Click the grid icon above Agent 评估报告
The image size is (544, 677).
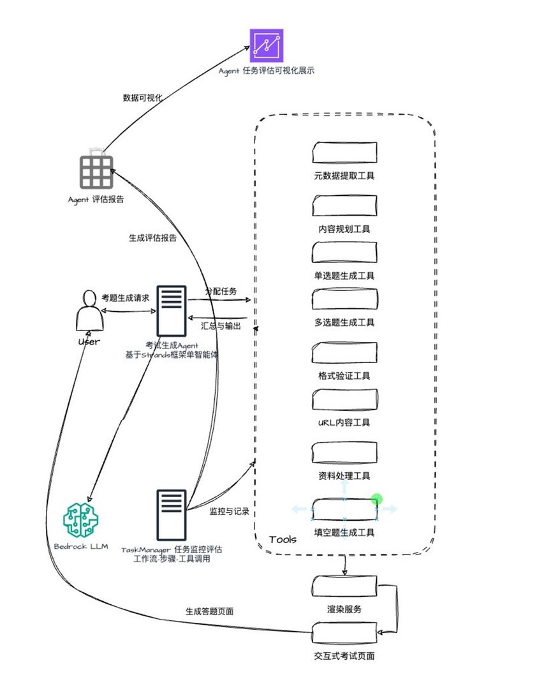point(96,172)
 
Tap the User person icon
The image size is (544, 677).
point(89,311)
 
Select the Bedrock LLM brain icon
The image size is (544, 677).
point(80,519)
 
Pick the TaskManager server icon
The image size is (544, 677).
point(171,517)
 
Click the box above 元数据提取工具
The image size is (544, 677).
point(344,153)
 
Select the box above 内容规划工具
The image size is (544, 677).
point(344,206)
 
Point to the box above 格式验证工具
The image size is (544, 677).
point(344,353)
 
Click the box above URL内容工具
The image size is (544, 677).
point(344,399)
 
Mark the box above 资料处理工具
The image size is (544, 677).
point(344,452)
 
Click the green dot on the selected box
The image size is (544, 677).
point(376,499)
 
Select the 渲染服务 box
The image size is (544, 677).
point(344,587)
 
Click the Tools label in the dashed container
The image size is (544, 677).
point(283,540)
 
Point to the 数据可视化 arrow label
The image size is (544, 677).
point(143,98)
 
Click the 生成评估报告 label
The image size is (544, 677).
point(152,238)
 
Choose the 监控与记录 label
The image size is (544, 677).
point(229,512)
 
